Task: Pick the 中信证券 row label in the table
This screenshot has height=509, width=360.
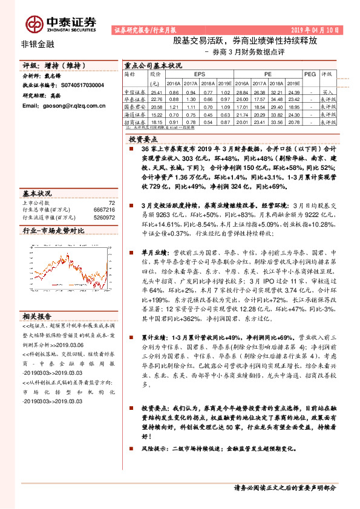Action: (134, 91)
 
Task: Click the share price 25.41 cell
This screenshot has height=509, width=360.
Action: (156, 91)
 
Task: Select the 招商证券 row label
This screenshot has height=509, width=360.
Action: (134, 122)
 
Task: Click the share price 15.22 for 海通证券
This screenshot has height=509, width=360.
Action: (156, 114)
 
